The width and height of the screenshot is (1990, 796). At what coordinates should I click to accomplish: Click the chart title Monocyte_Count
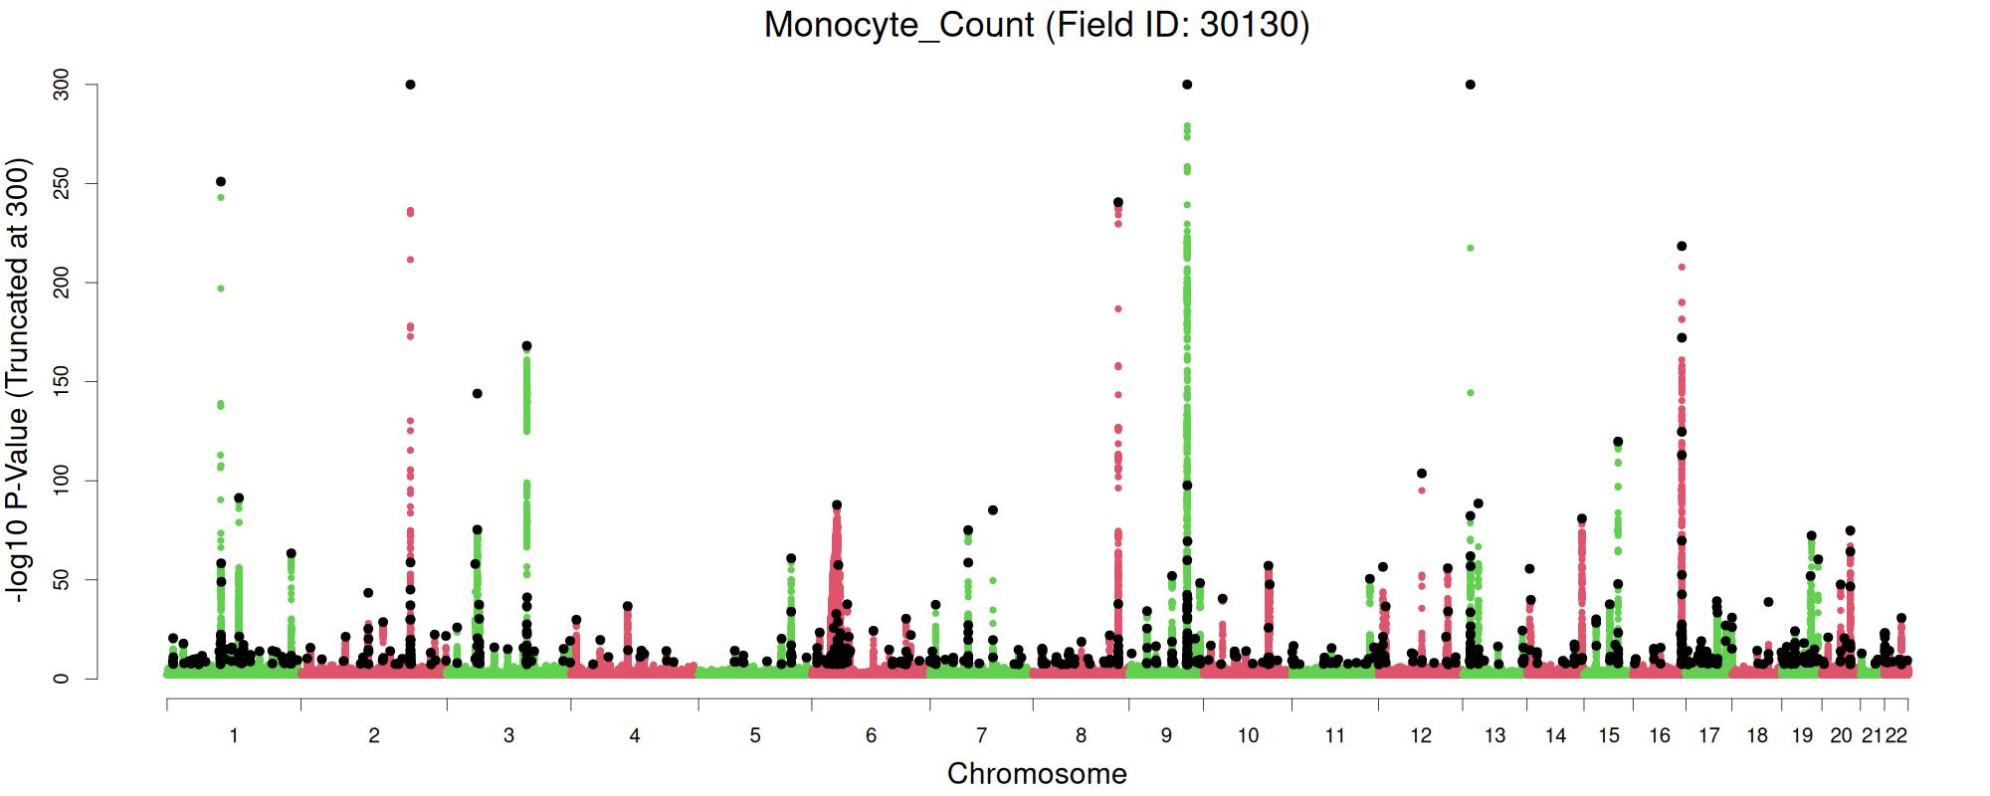pos(1036,24)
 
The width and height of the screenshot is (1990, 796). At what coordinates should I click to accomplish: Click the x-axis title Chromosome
pos(1037,773)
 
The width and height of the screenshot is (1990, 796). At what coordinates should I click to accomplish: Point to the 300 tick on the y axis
pos(62,85)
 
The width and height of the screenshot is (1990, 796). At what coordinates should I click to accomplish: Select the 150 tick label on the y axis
pos(62,381)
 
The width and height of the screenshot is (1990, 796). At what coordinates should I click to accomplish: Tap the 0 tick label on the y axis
pos(62,679)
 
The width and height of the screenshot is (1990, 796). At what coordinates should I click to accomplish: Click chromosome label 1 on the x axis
pos(234,736)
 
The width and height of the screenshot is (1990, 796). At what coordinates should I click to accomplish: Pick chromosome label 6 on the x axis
pos(871,736)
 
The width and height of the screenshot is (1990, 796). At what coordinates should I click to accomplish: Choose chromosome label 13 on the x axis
pos(1494,736)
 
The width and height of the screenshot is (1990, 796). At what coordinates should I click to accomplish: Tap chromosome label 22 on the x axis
pos(1896,736)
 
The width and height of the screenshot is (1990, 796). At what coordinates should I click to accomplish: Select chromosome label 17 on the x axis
pos(1708,736)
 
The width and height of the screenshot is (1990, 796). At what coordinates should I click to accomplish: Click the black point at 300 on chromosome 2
pos(410,85)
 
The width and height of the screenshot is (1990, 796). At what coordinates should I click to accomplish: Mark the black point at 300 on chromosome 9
pos(1187,85)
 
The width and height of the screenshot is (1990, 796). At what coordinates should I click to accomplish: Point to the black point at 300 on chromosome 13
pos(1471,85)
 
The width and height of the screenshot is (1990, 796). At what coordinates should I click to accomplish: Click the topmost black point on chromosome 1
pos(221,181)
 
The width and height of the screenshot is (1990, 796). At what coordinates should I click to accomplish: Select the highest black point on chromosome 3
pos(526,346)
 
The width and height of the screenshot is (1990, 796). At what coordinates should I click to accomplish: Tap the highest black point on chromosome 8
pos(1118,202)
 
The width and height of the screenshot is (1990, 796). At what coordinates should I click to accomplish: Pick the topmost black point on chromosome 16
pos(1682,246)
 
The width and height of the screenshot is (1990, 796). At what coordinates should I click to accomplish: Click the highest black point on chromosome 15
pos(1618,442)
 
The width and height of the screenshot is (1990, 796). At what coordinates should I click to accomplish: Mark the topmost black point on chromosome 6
pos(837,505)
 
